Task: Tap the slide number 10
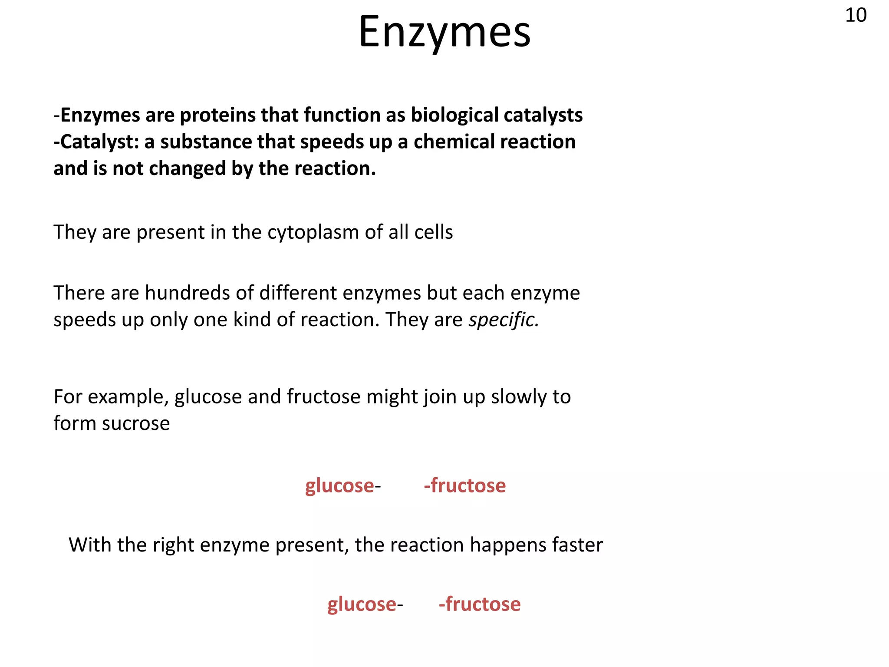click(x=856, y=16)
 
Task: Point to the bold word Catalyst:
click(x=96, y=142)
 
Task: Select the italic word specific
click(x=504, y=320)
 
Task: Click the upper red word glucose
click(x=339, y=486)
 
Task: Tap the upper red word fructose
click(x=468, y=486)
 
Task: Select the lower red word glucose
click(x=362, y=604)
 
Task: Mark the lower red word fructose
click(x=483, y=604)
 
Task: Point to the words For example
click(x=111, y=397)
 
